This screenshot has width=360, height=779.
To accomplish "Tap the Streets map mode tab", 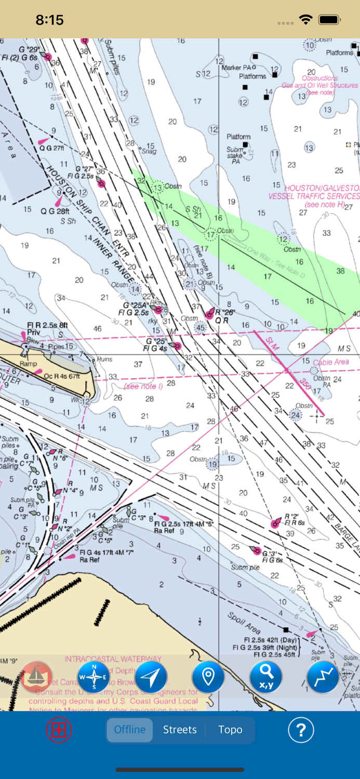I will (180, 730).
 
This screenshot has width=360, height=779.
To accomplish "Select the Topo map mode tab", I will (230, 730).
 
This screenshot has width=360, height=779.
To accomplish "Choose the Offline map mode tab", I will (130, 730).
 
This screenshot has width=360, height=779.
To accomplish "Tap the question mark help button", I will (301, 730).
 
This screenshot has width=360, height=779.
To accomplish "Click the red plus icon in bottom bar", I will (59, 730).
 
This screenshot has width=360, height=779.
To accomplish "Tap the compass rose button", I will (94, 677).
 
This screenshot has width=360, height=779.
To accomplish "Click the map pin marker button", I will (208, 677).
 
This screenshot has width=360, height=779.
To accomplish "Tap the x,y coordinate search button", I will (265, 677).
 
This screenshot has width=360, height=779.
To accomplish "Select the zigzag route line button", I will (323, 677).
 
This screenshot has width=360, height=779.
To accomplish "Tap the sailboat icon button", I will (36, 677).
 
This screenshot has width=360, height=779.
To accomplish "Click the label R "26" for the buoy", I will (225, 313).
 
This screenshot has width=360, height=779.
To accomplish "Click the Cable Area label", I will (331, 362).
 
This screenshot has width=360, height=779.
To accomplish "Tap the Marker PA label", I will (239, 68).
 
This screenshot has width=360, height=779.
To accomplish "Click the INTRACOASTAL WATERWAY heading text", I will (113, 659).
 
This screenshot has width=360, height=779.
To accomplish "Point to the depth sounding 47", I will (264, 442).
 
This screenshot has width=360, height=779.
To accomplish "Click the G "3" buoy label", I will (269, 554).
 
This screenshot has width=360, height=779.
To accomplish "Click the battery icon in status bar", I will (329, 20).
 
